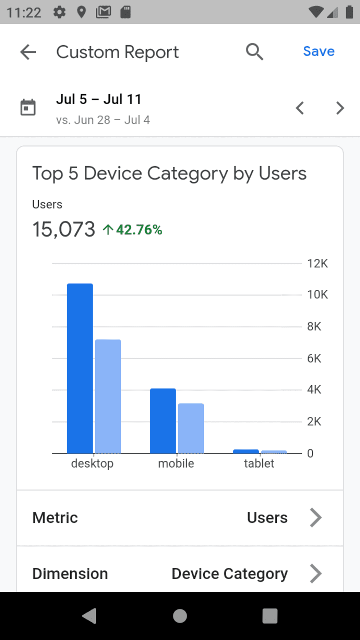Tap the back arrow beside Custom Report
coord(28,52)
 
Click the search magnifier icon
coord(254,51)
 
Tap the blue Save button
coord(319,51)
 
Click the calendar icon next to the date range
coord(28,108)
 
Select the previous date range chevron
coord(300,108)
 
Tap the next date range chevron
coord(340,108)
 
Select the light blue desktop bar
coord(108,396)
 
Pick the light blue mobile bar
coord(191,428)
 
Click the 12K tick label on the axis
coord(317,264)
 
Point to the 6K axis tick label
coord(314,358)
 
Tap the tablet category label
coord(259,463)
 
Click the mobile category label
coord(176,463)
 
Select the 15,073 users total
coord(64,229)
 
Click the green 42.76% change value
coord(139,230)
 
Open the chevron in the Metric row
coord(315,518)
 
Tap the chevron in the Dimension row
coord(315,573)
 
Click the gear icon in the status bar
coord(60,12)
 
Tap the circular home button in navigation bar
coord(180,616)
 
